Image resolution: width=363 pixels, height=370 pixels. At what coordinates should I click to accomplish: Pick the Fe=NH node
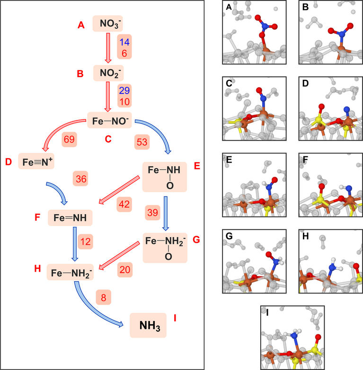70,218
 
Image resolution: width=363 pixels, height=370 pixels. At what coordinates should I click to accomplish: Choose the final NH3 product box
148,326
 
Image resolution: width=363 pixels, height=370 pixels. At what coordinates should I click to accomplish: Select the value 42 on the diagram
124,204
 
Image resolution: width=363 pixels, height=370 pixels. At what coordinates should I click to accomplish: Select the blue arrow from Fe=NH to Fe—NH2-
74,244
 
